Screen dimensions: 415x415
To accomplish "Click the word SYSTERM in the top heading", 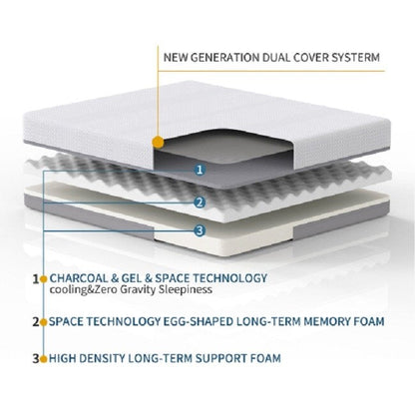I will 349,56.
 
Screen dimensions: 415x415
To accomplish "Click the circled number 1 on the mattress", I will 200,170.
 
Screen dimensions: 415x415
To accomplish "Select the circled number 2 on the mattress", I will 200,203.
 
